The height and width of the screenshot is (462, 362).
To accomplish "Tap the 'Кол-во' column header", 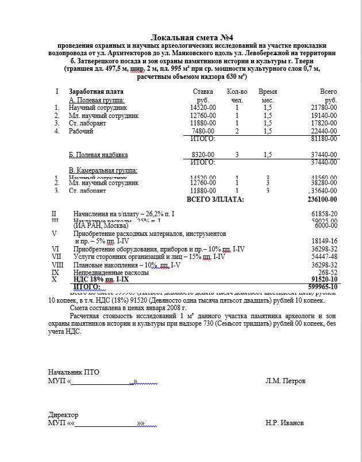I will [237, 91].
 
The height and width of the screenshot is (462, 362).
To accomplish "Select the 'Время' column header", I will [268, 91].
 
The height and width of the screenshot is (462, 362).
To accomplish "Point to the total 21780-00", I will [324, 108].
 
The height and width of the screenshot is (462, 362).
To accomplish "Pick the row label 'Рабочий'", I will [81, 131].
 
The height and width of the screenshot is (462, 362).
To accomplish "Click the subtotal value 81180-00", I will [324, 139].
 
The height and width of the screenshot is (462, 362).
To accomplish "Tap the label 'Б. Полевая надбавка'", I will [98, 155].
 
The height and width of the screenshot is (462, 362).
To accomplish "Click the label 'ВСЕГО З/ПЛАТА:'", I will [215, 200].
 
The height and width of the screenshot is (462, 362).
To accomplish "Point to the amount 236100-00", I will [322, 200].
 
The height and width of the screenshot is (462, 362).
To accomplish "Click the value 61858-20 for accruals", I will [321, 213].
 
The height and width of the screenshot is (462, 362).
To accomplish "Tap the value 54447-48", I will [321, 257].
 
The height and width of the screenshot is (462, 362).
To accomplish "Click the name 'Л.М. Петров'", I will [286, 381].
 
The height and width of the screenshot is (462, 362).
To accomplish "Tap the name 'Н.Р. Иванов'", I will [285, 423].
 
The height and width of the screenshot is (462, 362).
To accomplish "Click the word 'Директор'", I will [63, 415].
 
